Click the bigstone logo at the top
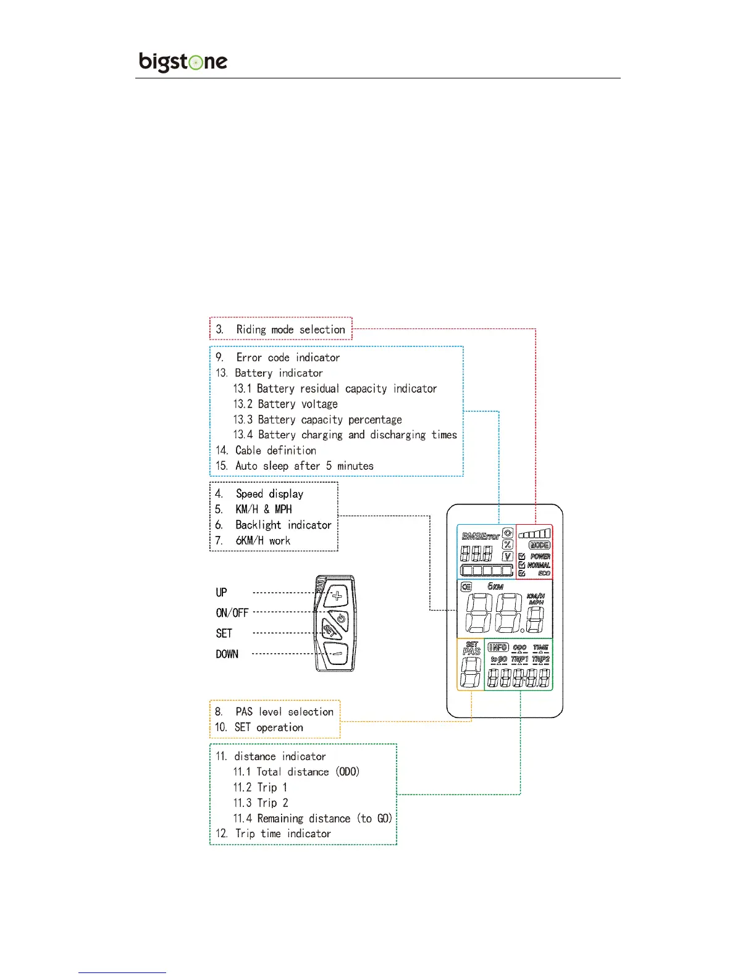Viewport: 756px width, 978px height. click(183, 62)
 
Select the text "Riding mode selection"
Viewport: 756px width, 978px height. click(290, 330)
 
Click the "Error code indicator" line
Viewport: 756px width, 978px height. click(287, 357)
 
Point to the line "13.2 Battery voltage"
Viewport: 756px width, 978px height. click(285, 404)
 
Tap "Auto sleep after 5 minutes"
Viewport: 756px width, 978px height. click(304, 466)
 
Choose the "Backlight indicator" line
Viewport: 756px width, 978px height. click(283, 525)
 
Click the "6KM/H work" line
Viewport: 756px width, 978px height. click(262, 541)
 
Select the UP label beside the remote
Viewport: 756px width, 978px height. click(221, 593)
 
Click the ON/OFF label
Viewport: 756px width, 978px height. click(232, 613)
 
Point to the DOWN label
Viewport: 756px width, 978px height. click(227, 654)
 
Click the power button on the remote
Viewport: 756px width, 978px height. click(340, 619)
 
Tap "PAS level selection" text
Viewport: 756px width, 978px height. click(284, 712)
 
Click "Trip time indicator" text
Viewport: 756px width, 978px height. click(282, 834)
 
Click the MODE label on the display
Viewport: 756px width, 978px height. click(539, 545)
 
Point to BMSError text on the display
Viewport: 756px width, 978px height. click(481, 536)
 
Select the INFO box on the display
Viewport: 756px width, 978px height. click(498, 647)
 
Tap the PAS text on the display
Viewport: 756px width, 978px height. click(471, 651)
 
